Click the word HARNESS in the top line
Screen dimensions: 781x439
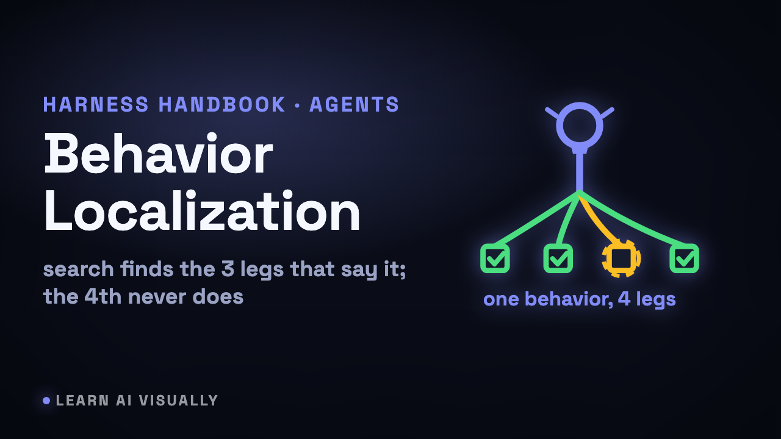click(x=96, y=104)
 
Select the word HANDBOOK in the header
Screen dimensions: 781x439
click(x=222, y=104)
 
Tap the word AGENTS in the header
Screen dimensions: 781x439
click(x=354, y=104)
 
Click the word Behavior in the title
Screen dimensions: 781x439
click(x=159, y=154)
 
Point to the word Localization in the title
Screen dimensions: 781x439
click(x=202, y=211)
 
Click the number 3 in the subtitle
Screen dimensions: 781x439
click(x=228, y=269)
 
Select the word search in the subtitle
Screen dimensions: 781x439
click(x=79, y=269)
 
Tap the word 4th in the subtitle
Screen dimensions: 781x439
click(x=103, y=297)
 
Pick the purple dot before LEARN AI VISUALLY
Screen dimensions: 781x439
click(x=46, y=401)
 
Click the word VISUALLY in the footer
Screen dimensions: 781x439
click(x=179, y=401)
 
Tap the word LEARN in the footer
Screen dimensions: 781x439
click(x=82, y=401)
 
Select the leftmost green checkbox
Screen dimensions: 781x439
click(x=495, y=258)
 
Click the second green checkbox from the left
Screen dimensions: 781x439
click(x=558, y=258)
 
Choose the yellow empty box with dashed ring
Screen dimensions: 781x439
click(x=621, y=258)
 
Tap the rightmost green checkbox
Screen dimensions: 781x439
click(x=685, y=258)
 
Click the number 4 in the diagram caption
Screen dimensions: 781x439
click(x=624, y=299)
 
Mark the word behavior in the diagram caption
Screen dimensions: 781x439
click(x=569, y=299)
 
